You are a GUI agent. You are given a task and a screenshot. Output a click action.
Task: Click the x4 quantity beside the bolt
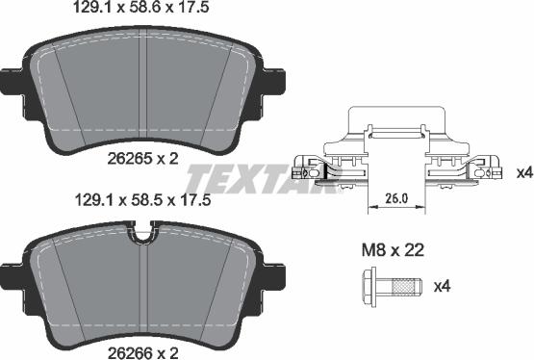(443, 286)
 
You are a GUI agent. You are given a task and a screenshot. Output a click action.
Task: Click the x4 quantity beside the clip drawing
(522, 172)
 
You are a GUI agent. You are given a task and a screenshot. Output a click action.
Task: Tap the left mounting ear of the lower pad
(13, 271)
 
